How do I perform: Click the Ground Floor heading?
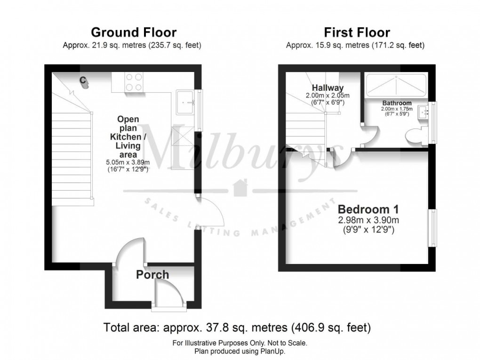point(133,32)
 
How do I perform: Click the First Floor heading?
point(356,32)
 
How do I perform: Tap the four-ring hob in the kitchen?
point(134,82)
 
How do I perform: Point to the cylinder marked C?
point(84,81)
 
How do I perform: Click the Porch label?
point(152,274)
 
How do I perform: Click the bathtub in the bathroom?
point(396,85)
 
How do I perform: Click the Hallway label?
point(328,88)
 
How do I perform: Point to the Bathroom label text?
point(396,103)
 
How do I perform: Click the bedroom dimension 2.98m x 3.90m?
point(369,220)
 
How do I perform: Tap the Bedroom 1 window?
point(432,228)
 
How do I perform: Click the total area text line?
point(237,327)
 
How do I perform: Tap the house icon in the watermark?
point(240,187)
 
